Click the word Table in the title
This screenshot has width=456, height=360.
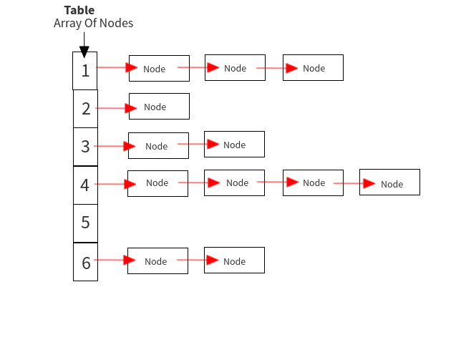(79, 10)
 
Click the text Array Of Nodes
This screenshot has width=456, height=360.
(93, 24)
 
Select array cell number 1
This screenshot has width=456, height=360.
(85, 70)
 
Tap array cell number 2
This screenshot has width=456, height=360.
(85, 109)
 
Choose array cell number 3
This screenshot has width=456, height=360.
(85, 147)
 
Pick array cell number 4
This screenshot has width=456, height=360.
(85, 185)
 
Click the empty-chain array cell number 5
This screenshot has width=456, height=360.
(85, 223)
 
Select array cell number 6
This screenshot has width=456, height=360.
(85, 262)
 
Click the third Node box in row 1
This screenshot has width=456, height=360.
(313, 67)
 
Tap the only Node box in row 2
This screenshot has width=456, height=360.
(159, 106)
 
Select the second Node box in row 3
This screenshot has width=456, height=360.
(234, 144)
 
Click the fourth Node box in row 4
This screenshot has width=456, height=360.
(389, 183)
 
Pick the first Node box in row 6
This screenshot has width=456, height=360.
(157, 261)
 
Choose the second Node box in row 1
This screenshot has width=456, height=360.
(235, 67)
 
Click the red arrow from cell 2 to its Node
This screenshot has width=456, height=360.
(115, 108)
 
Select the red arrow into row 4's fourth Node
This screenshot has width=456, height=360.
(354, 183)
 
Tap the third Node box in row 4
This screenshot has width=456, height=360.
(313, 183)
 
